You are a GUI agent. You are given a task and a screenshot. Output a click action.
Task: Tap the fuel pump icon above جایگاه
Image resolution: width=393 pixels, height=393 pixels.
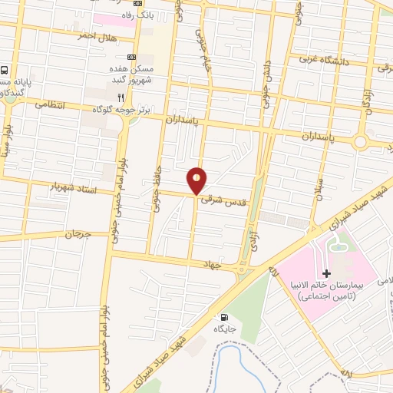[x=223, y=316]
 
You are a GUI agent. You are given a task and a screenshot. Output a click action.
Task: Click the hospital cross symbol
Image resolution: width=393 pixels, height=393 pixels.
[x=326, y=273]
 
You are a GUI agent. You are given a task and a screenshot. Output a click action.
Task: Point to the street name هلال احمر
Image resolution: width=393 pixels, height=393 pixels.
[x=97, y=36]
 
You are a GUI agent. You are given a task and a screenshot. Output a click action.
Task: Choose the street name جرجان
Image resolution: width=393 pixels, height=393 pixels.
[x=79, y=232]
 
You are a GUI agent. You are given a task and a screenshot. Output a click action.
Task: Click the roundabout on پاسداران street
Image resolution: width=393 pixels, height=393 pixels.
[x=360, y=143]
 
